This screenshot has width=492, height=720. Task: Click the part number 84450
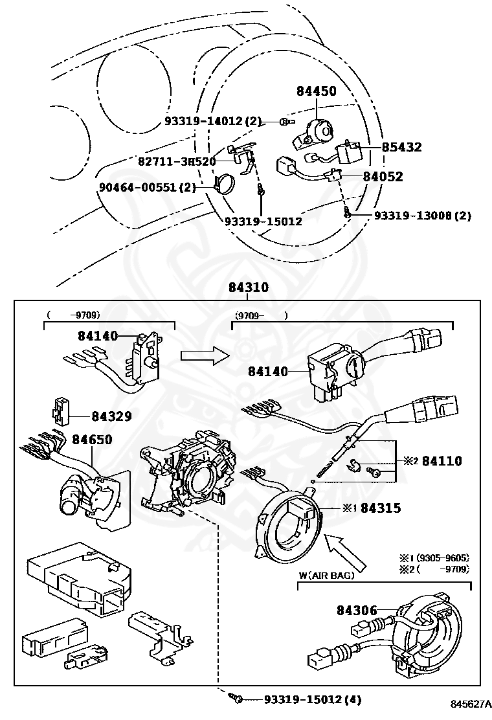(317, 91)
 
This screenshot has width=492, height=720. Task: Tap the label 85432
(401, 148)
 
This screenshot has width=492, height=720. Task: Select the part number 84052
(383, 176)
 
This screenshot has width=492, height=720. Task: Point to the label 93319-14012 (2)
(212, 121)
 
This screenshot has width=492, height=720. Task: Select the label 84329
(111, 416)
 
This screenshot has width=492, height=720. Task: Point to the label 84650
(92, 440)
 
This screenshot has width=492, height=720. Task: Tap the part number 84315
(381, 508)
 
